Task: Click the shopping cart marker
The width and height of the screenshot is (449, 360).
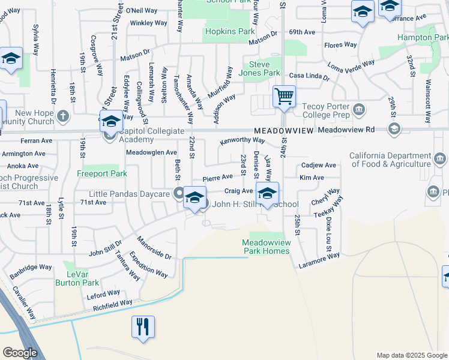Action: coord(284,96)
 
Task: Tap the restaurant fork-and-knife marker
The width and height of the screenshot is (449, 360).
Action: coord(143,327)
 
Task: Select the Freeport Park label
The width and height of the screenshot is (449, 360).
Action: coord(102,174)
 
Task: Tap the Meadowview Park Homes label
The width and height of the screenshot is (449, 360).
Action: coord(266,247)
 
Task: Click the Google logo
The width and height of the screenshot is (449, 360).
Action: coord(20,352)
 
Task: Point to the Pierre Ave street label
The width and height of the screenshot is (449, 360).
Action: coord(217,178)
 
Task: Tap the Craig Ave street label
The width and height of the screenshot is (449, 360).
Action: coord(238,191)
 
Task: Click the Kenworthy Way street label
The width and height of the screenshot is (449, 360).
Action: coord(243,140)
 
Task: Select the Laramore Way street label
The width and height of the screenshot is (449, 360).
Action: coord(320,259)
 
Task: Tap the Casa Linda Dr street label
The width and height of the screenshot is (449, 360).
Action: coord(309,77)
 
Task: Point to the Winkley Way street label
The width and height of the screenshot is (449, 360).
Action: coord(149,23)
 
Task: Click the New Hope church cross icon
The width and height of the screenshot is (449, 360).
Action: coord(64,115)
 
